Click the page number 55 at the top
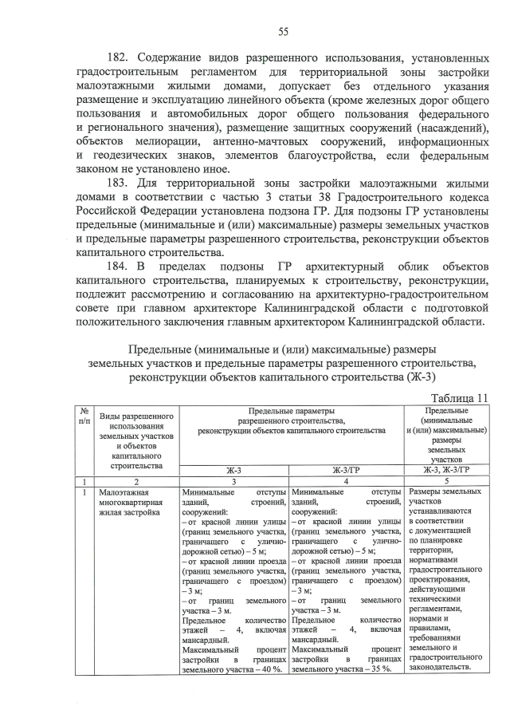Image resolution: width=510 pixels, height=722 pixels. pos(283,32)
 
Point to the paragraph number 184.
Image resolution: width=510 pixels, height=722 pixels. pos(119,266)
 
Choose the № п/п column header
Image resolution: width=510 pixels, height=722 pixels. pos(84,414)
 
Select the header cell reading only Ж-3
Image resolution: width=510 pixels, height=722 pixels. pos(234,471)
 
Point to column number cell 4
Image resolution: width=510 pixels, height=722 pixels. pos(344,482)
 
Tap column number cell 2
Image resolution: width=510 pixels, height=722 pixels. pos(136,482)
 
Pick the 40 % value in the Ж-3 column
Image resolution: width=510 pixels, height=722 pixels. pos(270,669)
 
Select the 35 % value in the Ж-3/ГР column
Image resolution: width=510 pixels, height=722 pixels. pos(379,669)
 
